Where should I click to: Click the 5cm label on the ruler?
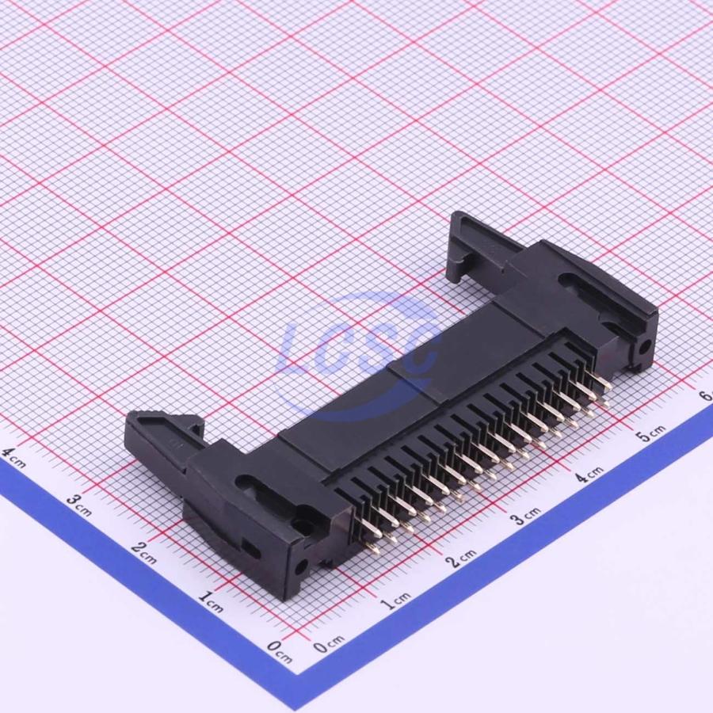pos(651,433)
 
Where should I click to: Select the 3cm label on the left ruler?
pos(78,505)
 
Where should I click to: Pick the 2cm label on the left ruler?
pos(143,552)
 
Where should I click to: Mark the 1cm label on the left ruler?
pos(210,601)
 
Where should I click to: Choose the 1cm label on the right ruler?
pos(395,601)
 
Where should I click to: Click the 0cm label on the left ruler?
pos(279,652)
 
